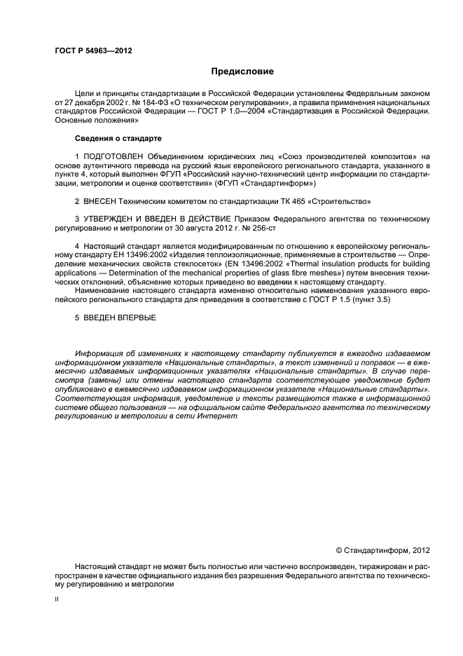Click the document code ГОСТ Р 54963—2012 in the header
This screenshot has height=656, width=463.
(93, 51)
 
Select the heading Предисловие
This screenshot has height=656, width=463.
(242, 71)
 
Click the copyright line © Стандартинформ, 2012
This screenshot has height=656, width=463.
(382, 551)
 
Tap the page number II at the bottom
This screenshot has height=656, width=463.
(57, 601)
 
